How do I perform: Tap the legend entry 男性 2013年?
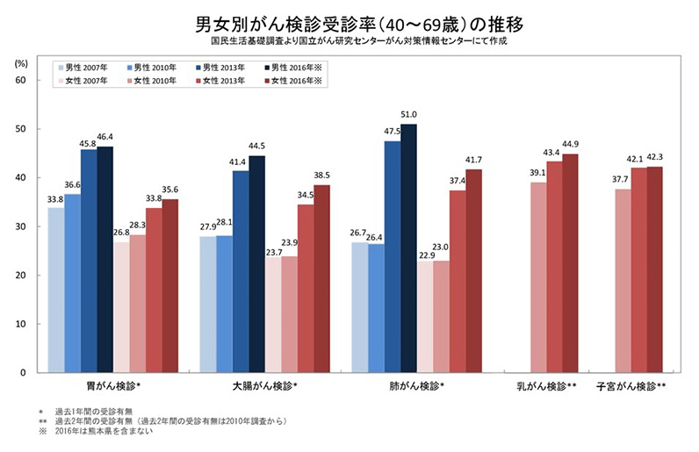click(x=225, y=67)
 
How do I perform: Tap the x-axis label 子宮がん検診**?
click(x=631, y=385)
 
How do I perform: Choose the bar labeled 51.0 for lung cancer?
click(x=408, y=248)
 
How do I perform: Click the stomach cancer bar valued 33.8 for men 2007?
click(x=55, y=290)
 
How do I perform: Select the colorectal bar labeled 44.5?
click(x=256, y=264)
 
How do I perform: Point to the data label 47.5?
click(x=393, y=133)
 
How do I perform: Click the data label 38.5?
click(x=322, y=176)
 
